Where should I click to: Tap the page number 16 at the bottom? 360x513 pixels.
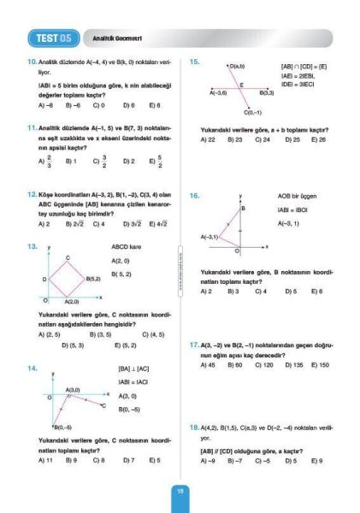pyautogui.click(x=180, y=491)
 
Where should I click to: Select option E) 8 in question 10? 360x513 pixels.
pyautogui.click(x=155, y=105)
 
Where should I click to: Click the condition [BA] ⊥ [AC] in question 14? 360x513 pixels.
pyautogui.click(x=133, y=369)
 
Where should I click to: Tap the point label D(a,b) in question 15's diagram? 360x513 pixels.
pyautogui.click(x=237, y=66)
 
